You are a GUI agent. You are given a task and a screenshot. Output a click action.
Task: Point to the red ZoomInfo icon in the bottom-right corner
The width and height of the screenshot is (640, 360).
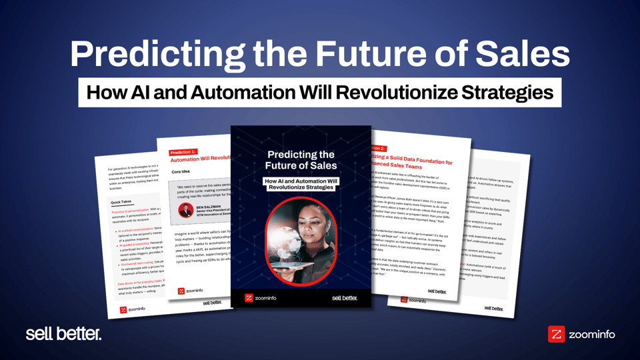(x=556, y=334)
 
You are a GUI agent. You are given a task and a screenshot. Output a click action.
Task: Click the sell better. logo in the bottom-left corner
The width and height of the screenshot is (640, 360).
(x=63, y=334)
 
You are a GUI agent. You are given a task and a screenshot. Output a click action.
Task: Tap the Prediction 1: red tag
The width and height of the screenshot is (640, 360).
(x=183, y=151)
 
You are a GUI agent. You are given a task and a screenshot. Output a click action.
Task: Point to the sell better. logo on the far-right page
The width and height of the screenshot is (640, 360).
(x=493, y=308)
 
